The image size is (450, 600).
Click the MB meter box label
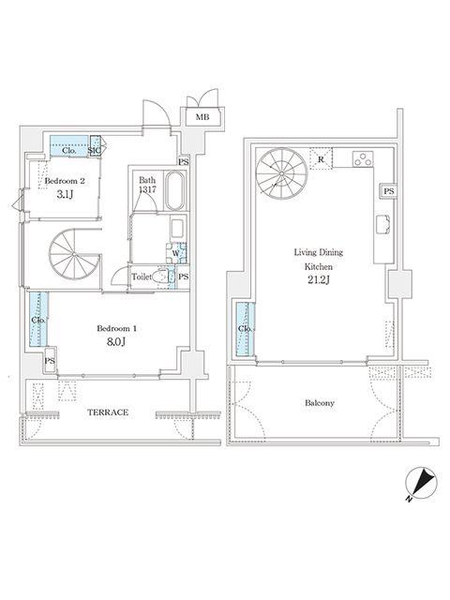coord(202,117)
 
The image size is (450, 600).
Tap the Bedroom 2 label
coord(65,181)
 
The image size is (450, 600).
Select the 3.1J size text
coord(65,194)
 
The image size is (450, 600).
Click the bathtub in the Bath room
coord(175,190)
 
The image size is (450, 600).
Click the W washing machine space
coord(176,253)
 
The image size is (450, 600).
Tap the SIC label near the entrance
coord(95,150)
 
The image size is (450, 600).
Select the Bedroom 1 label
coord(116,328)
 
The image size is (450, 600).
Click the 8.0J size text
coord(116,341)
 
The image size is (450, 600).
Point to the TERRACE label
coord(108,412)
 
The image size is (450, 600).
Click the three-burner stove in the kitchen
coord(363,158)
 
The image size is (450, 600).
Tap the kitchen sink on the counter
coord(382,224)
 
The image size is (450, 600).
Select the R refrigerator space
coord(321,158)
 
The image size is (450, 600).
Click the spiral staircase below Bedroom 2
coord(74,254)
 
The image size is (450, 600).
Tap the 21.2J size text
coord(319,280)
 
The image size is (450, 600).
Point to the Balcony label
coord(320,403)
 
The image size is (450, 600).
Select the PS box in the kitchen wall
coord(388,191)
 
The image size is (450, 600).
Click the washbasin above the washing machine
coord(177,228)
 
